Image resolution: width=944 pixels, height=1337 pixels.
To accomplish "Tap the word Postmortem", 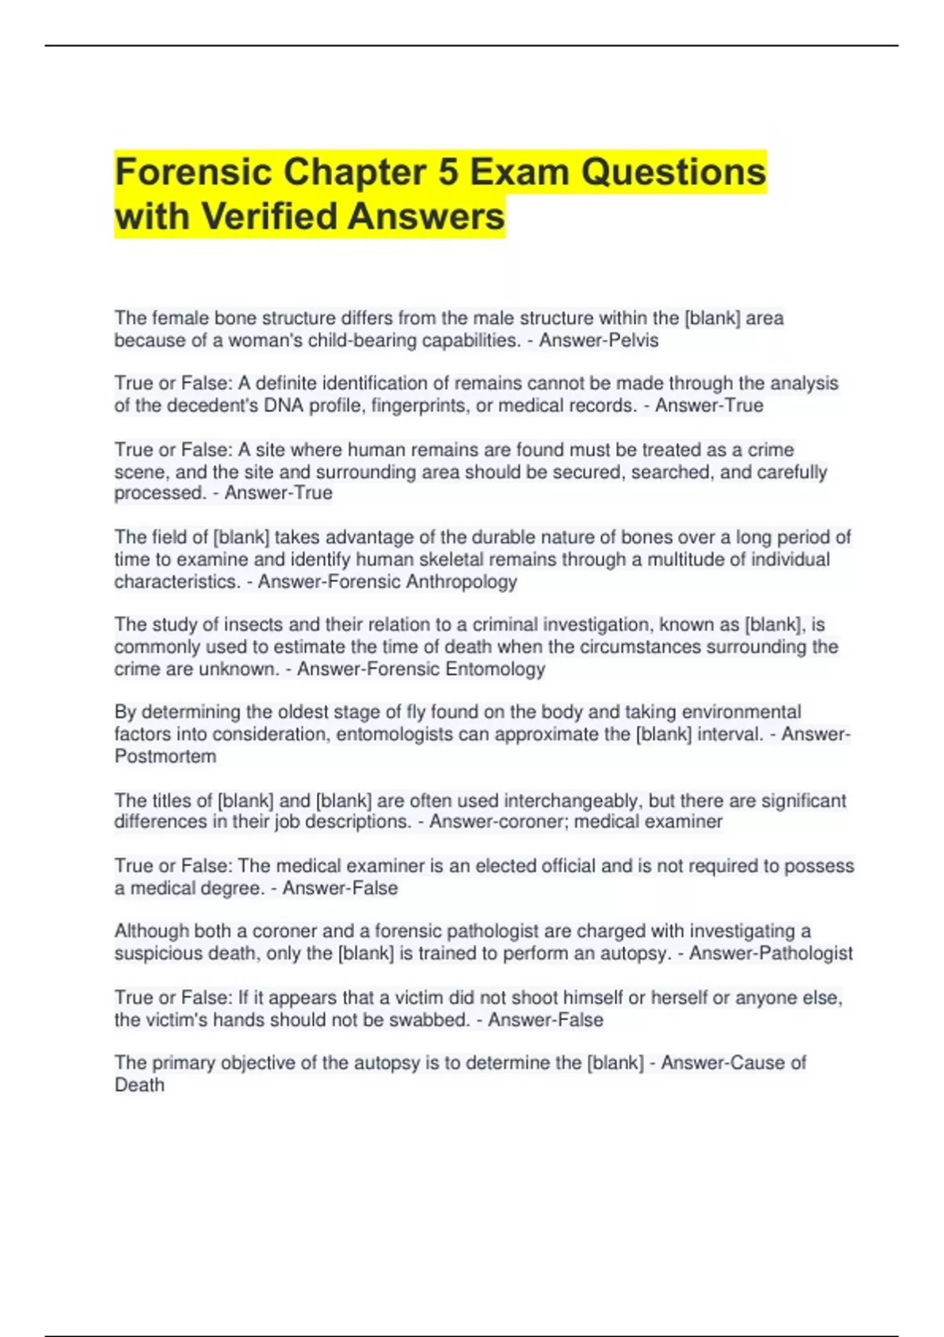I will [165, 757].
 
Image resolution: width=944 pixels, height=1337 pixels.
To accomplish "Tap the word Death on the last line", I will [139, 1085].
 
